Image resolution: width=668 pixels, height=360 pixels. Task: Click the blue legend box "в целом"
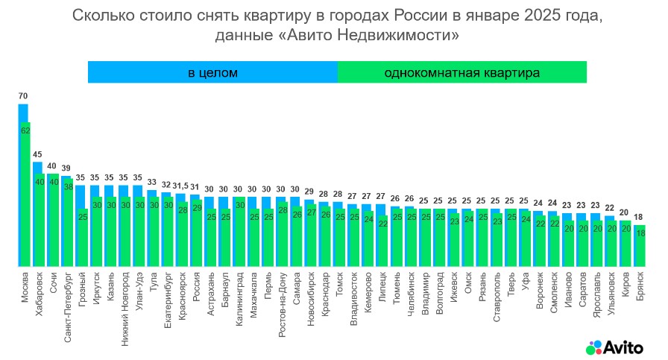point(212,72)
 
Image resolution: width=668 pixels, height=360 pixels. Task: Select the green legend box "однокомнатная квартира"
point(461,72)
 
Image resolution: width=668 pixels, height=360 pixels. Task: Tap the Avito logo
point(616,346)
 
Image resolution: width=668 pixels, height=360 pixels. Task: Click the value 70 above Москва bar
point(23,96)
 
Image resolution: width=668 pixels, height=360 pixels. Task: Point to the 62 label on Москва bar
point(25,130)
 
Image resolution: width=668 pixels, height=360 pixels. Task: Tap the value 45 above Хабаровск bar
point(37,155)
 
